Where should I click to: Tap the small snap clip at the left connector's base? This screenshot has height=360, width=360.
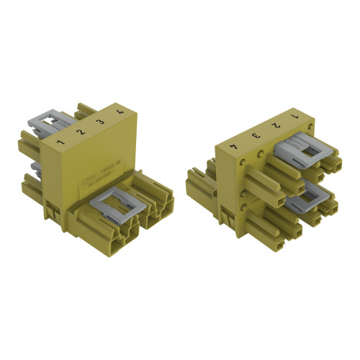pos(52,209)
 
